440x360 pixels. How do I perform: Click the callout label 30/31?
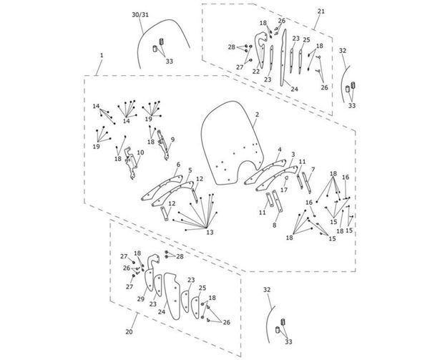[140, 15]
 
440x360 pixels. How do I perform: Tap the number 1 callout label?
[102, 55]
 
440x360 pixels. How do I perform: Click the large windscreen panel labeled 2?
[233, 142]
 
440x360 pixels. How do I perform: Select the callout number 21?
[321, 11]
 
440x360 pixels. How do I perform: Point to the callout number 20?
[129, 331]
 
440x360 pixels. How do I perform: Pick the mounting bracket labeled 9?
[163, 145]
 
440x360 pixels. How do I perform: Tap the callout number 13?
[210, 232]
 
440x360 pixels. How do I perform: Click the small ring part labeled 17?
[286, 177]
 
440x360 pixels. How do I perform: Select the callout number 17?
[284, 190]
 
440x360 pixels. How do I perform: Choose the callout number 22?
[256, 72]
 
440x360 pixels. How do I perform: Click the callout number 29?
[141, 299]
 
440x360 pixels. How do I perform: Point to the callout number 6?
[178, 165]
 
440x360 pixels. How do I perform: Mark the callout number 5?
[190, 170]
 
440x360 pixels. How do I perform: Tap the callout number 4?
[280, 149]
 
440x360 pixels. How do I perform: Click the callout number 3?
[293, 155]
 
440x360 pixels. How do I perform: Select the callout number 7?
[313, 170]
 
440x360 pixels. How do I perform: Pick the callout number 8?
[275, 225]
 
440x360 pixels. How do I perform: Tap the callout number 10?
[140, 152]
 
